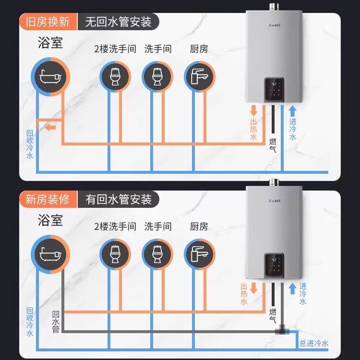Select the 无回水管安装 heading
click(x=118, y=22)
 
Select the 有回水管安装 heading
click(x=118, y=198)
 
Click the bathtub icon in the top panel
click(x=51, y=77)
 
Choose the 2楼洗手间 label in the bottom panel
click(x=115, y=226)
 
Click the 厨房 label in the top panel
click(x=199, y=49)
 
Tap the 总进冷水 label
click(x=314, y=343)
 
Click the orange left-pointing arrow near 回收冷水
click(x=50, y=127)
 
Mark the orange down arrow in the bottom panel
click(x=255, y=288)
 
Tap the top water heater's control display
click(x=276, y=89)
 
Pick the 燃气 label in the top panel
click(x=273, y=145)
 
